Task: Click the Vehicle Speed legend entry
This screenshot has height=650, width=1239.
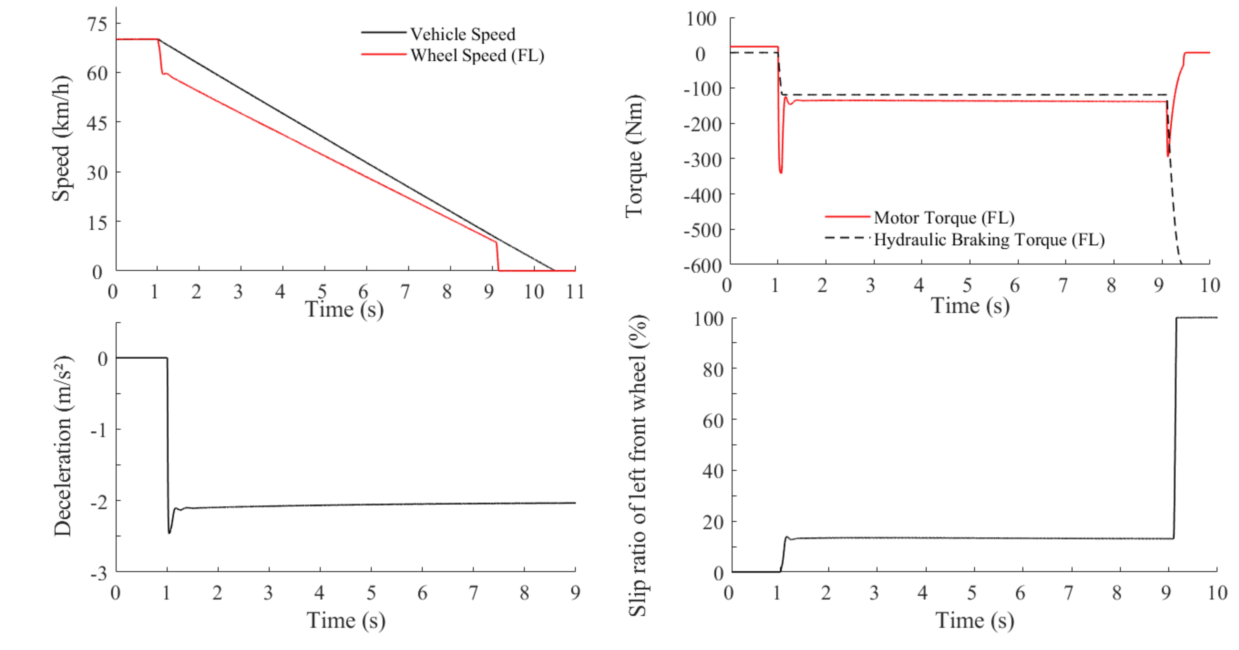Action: coord(462,34)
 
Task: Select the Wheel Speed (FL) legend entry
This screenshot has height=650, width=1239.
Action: coord(477,55)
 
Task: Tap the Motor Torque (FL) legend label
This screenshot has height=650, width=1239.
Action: coord(944,217)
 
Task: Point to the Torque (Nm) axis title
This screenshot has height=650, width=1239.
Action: coord(634,155)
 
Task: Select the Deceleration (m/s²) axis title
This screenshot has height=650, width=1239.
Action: coord(63,446)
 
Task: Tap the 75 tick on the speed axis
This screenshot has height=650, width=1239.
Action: coord(97,24)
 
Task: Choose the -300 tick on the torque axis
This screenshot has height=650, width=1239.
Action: coord(703,159)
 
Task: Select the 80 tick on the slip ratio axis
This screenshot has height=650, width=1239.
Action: coord(713,369)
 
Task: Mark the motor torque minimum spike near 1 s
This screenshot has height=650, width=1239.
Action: coord(781,172)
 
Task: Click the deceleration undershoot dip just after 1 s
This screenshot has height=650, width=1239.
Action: coord(169,532)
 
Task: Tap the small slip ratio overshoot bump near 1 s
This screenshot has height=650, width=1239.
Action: coord(787,537)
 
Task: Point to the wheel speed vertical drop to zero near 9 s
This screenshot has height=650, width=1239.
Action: coord(497,257)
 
